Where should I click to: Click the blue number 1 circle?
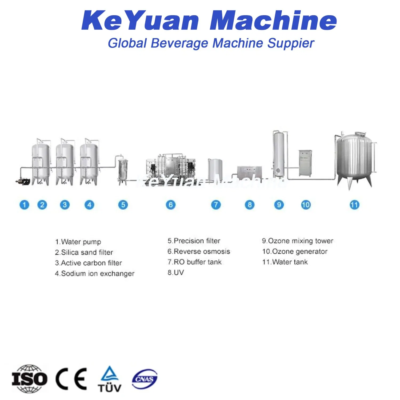(24, 205)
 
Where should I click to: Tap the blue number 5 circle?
(123, 205)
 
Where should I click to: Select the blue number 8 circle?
(250, 205)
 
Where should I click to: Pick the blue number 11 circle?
(354, 205)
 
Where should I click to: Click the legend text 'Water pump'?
(81, 242)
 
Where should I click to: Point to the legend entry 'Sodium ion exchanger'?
(98, 274)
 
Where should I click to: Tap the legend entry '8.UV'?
(176, 273)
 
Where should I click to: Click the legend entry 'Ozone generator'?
(299, 251)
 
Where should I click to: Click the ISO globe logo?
(29, 379)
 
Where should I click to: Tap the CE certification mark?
(71, 379)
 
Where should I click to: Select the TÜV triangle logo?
(109, 379)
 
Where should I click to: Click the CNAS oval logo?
(145, 379)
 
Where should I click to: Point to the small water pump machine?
(22, 181)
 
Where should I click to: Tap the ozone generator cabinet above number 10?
(305, 163)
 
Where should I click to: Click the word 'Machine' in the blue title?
(273, 21)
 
